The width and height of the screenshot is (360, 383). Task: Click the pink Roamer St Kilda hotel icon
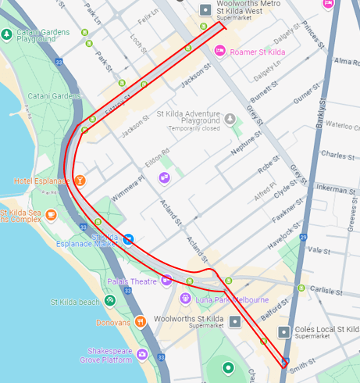[x=221, y=52]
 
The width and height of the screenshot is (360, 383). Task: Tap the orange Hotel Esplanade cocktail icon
[x=80, y=181]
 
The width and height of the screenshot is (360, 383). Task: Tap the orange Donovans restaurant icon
[x=140, y=321]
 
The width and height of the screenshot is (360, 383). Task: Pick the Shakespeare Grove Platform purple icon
[x=141, y=354]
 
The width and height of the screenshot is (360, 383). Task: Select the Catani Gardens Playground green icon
[x=7, y=34]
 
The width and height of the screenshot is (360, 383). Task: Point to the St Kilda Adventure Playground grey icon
[x=230, y=119]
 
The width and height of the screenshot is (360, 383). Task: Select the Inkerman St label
[x=335, y=189]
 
